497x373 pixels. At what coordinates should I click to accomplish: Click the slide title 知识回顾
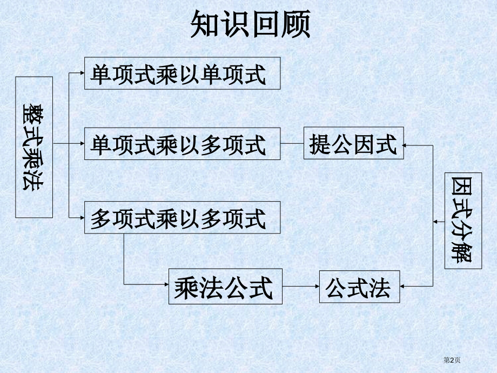click(x=251, y=24)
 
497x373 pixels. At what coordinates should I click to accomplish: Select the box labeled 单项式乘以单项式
click(x=182, y=74)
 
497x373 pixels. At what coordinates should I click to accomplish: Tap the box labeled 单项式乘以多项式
click(x=182, y=144)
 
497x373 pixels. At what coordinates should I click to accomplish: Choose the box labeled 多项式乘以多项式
click(x=182, y=217)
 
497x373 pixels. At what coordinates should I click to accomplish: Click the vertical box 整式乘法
click(x=34, y=147)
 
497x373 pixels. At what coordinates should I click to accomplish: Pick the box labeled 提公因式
click(x=354, y=143)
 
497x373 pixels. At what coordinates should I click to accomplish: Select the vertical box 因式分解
click(x=463, y=221)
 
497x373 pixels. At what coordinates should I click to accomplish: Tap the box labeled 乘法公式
click(x=225, y=287)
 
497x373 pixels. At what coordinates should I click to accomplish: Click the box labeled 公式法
click(x=359, y=287)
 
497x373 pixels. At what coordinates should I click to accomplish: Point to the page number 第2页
click(x=452, y=360)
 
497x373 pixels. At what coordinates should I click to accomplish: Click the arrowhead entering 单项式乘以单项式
click(x=82, y=73)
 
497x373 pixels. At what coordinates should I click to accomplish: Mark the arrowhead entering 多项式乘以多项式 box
click(x=82, y=218)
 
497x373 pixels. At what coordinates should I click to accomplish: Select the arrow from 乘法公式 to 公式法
click(x=301, y=287)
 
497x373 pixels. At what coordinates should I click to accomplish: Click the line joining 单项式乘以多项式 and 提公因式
click(x=292, y=143)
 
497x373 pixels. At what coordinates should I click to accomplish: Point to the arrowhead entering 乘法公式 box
click(x=166, y=284)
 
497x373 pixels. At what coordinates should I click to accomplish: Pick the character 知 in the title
click(x=205, y=24)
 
